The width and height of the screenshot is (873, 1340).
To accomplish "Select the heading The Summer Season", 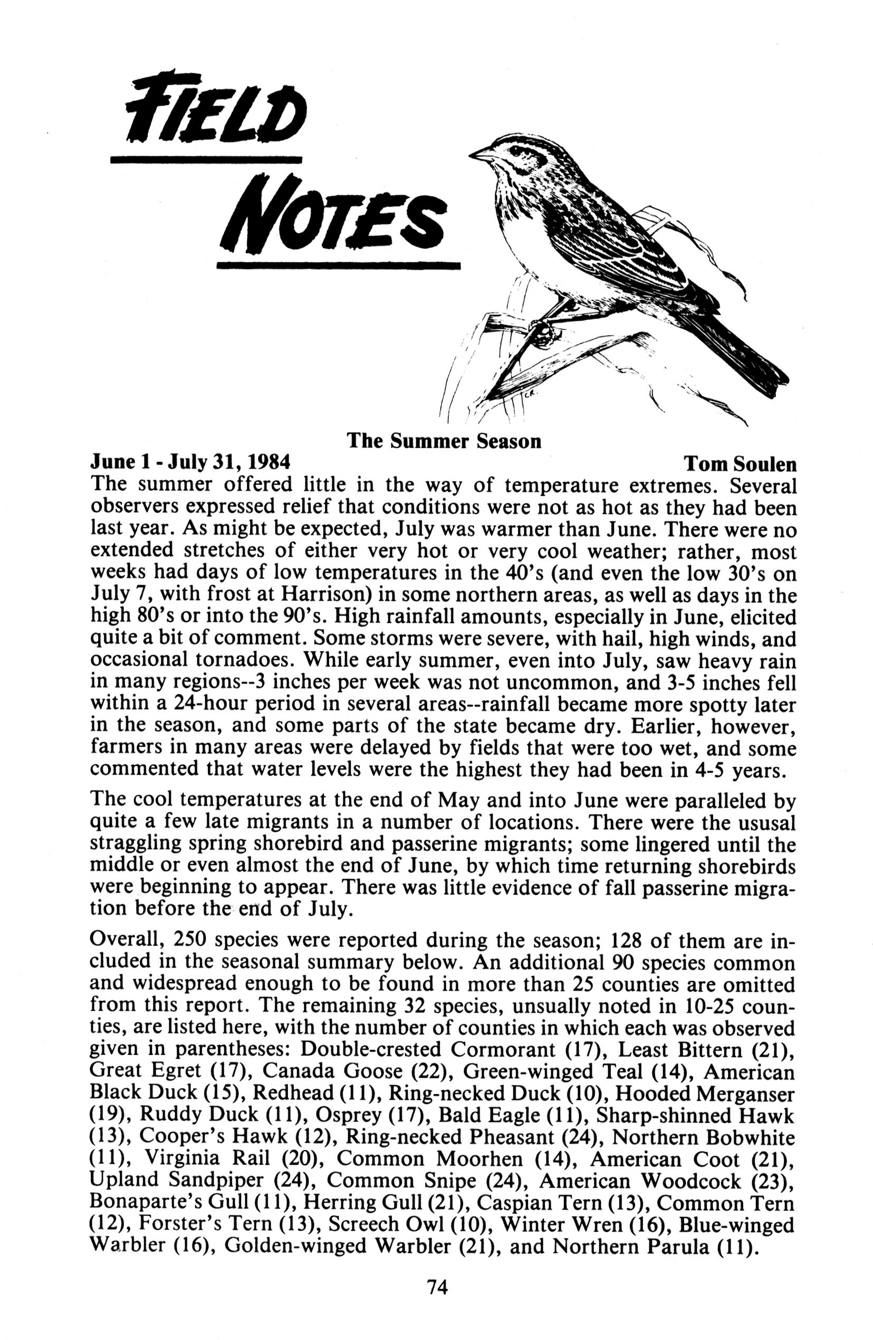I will click(444, 440).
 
